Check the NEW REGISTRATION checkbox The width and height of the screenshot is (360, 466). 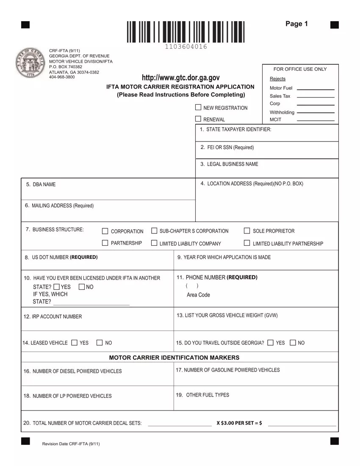pos(198,107)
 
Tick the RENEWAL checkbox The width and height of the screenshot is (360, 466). pos(198,119)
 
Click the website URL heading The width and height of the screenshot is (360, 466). pos(181,78)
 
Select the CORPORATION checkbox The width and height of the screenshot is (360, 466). pos(105,231)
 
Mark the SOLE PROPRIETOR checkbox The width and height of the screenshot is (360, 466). pos(247,231)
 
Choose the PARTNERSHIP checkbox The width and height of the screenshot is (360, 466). pos(105,243)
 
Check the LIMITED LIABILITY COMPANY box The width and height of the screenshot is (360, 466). pos(154,243)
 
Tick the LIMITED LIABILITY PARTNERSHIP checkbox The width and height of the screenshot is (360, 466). pos(247,243)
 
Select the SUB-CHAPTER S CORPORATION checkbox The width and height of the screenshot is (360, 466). pos(154,231)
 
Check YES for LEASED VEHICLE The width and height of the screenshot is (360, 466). pos(75,342)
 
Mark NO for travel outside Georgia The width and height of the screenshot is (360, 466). pos(293,342)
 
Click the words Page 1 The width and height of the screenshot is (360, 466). pos(296,24)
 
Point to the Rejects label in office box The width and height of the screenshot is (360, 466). pos(277,79)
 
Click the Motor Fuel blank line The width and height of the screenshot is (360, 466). pos(316,89)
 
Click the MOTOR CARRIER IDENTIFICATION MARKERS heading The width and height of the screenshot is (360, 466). pos(174,357)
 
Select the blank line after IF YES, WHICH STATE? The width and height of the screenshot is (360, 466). pos(91,304)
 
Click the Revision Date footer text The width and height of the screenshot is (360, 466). pos(71,444)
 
